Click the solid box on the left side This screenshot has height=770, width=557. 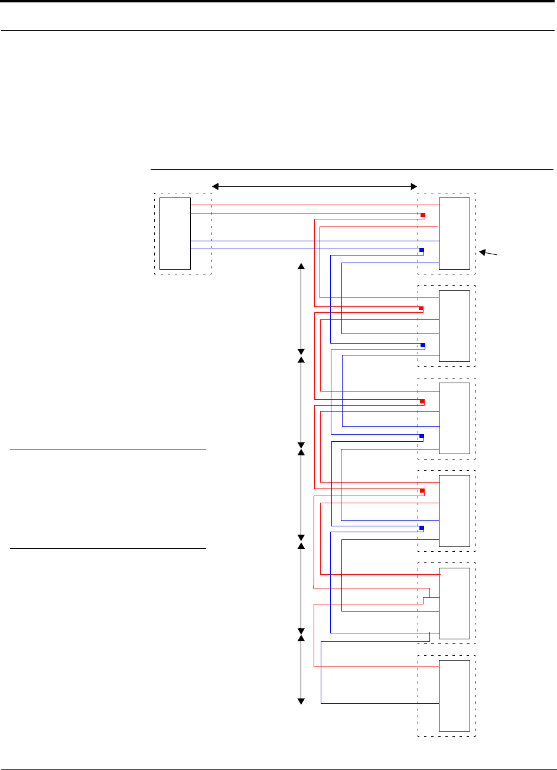pos(175,233)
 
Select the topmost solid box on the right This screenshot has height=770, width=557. pos(455,233)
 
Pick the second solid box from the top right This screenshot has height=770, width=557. pos(455,326)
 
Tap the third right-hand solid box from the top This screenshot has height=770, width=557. pos(455,418)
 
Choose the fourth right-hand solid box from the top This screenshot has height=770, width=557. pos(455,510)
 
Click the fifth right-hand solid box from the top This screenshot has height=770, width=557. pos(455,603)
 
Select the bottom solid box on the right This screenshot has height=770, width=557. pos(455,695)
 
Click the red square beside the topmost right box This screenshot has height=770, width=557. pos(423,215)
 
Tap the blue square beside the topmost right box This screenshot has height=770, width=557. pos(422,251)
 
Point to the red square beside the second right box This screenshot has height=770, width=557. pos(421,309)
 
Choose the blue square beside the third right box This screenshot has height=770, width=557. pos(422,436)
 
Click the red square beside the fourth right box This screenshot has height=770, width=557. pos(423,491)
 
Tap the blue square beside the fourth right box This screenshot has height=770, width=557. pos(422,528)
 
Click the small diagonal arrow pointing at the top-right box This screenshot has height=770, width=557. pos(488,253)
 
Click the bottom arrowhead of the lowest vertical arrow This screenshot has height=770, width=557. pos(301,701)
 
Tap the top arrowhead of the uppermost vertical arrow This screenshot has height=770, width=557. pos(301,267)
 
